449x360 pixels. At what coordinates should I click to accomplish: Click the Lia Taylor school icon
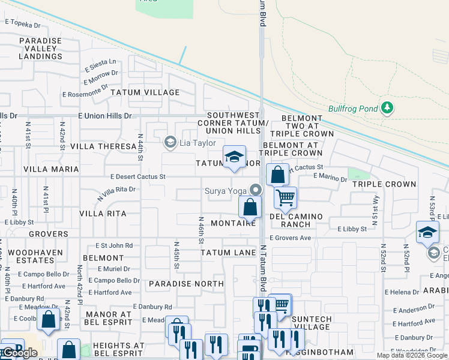170,142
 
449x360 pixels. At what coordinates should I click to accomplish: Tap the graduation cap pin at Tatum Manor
234,157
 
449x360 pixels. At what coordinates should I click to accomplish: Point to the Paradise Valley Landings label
40,49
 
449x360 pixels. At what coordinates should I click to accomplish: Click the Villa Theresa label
103,146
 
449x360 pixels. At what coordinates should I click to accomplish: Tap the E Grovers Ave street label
290,238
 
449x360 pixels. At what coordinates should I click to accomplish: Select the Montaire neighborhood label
234,223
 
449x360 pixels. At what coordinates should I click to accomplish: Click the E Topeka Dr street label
22,25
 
